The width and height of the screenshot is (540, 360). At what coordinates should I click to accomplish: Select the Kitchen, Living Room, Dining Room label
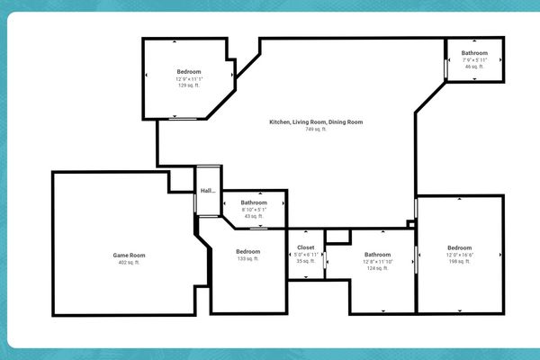[x=316, y=122]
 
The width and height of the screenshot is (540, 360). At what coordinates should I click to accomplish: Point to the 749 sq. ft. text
[x=316, y=130]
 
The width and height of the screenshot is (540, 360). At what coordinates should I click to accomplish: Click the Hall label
[x=208, y=191]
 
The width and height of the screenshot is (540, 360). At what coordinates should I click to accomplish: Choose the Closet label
[x=306, y=247]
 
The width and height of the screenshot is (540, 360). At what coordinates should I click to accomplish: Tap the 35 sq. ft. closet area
[x=306, y=261]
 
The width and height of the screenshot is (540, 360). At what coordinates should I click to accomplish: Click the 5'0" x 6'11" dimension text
[x=306, y=254]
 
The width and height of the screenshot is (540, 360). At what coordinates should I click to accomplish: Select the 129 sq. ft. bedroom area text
[x=189, y=85]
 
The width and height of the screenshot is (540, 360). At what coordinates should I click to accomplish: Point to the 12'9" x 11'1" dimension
[x=189, y=78]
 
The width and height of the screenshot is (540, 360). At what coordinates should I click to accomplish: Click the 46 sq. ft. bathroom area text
[x=474, y=67]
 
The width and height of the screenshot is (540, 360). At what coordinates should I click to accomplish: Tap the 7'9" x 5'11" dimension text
[x=474, y=60]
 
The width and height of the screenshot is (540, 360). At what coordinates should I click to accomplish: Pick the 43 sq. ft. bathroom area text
[x=254, y=216]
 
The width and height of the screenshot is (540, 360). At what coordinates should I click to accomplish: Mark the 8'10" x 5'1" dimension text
[x=254, y=210]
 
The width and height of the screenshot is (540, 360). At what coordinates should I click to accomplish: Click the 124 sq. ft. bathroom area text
[x=377, y=267]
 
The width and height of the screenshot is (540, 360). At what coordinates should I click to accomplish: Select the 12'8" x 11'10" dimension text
[x=377, y=261]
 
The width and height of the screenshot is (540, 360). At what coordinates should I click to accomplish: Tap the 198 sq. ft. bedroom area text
[x=459, y=261]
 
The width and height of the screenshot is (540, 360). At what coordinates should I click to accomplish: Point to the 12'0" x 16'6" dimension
[x=459, y=255]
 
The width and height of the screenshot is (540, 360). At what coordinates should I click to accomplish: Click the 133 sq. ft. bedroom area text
[x=247, y=259]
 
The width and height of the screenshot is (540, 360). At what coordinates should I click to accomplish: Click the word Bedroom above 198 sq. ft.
[x=459, y=247]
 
